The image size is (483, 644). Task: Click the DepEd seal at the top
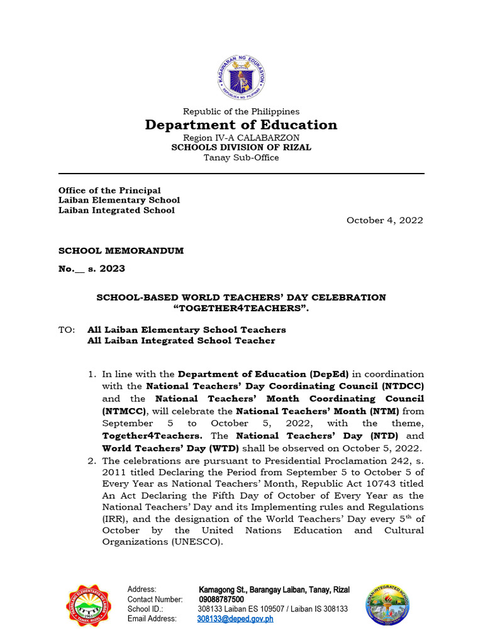pos(241,77)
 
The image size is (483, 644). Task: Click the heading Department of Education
pos(241,125)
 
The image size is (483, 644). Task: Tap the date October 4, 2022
pos(385,220)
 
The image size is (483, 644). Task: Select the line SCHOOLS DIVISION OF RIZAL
pos(241,147)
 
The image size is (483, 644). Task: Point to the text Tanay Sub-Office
pos(241,157)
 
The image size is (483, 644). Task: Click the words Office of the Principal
pos(109,190)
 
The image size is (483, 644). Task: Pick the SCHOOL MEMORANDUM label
pos(121,250)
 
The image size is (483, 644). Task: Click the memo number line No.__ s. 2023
pos(92,269)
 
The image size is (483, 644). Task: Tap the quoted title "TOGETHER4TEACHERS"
pos(241,308)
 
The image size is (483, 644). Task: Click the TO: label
pos(67,330)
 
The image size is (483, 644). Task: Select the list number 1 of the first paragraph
pos(92,374)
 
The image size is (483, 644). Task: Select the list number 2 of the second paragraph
pos(92,460)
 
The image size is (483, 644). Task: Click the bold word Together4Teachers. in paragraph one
pos(153,435)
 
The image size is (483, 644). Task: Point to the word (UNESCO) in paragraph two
pos(195,542)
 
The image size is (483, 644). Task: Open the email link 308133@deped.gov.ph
pos(235,619)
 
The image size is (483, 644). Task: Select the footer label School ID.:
pos(145,609)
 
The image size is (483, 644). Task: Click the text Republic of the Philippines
pos(241,111)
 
